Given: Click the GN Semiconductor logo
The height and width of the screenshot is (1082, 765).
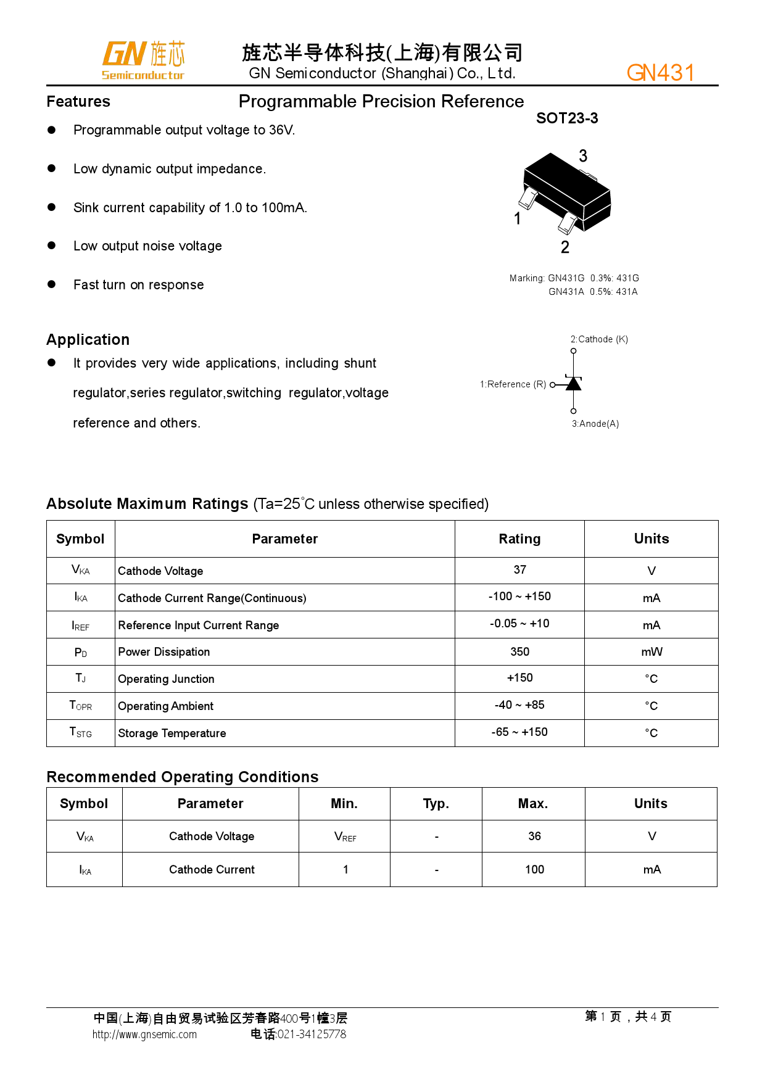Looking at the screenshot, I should point(143,60).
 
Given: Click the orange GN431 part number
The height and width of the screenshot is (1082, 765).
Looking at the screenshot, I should point(660,73).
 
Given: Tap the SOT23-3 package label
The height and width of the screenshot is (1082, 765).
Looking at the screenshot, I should point(567,118).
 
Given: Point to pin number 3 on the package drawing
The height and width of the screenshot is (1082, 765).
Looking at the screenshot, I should point(583,156).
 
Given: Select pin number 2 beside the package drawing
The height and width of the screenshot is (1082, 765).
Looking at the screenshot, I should point(565,247).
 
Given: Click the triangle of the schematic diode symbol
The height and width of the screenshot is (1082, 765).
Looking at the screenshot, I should point(574,384).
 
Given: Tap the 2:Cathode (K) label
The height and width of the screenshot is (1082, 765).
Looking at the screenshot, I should point(599,339).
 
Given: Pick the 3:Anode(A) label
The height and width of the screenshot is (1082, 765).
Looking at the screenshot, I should point(595,424).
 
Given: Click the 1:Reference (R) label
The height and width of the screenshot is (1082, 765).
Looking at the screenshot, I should point(513,384).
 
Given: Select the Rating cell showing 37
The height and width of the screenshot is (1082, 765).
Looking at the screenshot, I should point(520,570).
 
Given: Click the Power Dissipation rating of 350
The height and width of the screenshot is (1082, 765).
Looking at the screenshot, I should point(520,651).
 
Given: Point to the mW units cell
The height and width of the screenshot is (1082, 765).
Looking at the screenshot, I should point(651,652).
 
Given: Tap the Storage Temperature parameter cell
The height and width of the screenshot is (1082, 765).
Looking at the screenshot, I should point(172,733).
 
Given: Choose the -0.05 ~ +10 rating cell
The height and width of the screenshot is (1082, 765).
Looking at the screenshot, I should point(520,624).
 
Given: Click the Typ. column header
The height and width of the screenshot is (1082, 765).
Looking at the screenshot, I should point(436,804).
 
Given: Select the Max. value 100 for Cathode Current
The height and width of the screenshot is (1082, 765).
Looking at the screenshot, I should point(534,870).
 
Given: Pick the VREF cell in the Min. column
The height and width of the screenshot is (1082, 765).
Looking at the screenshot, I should point(345,836).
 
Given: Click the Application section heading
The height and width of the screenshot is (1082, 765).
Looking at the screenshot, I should point(88,340).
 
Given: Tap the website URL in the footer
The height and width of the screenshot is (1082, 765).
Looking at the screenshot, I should point(144,1035).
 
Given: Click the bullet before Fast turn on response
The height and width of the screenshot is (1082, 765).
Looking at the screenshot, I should point(52,284).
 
